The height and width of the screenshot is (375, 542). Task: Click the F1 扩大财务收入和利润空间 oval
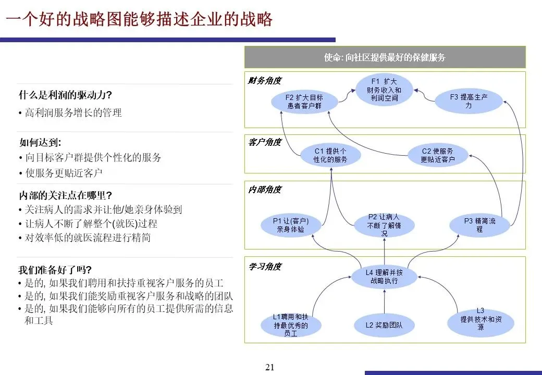click(384, 90)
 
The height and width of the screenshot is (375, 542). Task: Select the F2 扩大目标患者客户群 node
click(304, 102)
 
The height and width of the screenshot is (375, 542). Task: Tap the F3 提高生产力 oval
click(468, 101)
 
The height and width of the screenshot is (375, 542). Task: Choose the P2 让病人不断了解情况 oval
click(384, 225)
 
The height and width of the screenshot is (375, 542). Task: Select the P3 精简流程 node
click(479, 225)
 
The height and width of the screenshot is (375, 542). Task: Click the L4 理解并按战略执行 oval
click(384, 277)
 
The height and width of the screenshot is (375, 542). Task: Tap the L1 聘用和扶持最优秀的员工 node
click(291, 325)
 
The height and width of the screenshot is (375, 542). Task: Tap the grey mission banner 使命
click(385, 57)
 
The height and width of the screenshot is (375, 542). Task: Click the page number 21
click(269, 367)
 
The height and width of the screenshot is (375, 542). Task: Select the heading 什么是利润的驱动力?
click(66, 95)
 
